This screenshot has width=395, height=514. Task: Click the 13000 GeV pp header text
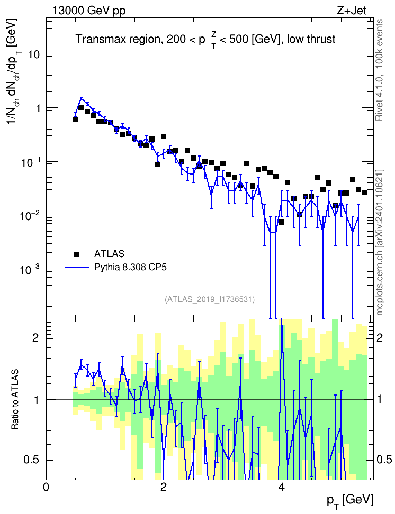click(x=88, y=11)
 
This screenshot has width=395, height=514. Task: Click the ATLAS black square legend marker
click(x=77, y=254)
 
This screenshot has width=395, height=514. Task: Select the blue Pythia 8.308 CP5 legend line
click(x=77, y=268)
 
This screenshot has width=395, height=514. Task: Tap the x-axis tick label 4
click(x=281, y=487)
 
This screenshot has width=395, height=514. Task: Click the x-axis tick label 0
click(x=46, y=487)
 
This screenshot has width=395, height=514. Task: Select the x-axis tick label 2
click(x=164, y=487)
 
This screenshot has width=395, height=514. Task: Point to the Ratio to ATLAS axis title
click(x=15, y=400)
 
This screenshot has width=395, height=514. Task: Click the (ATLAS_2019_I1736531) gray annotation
click(x=210, y=299)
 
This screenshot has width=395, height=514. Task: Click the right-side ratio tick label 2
click(x=379, y=337)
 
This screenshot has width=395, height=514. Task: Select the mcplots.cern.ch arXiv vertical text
click(x=380, y=243)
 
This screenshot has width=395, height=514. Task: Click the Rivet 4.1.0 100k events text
click(x=379, y=70)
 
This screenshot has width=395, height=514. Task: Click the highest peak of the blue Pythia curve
click(x=82, y=98)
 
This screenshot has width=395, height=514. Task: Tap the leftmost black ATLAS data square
click(x=75, y=120)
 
